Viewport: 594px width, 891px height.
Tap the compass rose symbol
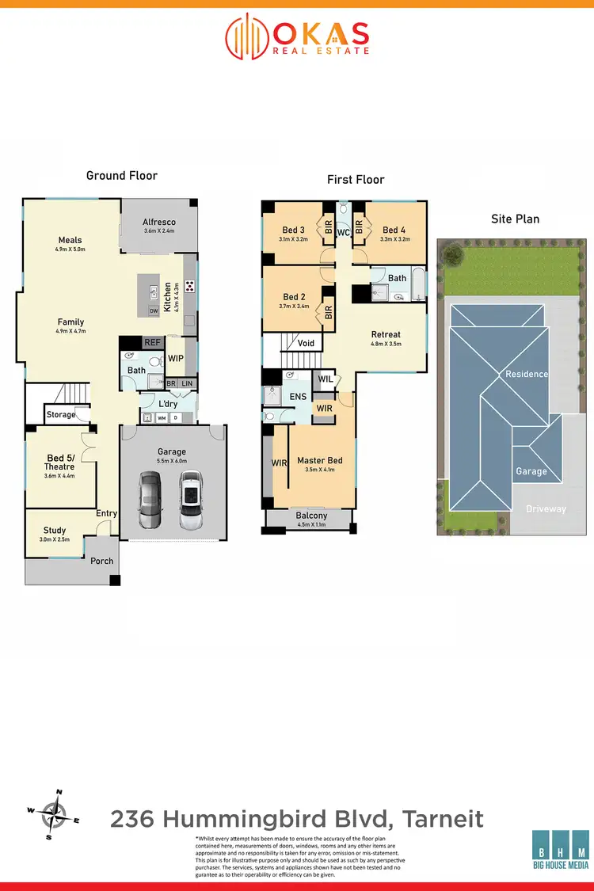54,813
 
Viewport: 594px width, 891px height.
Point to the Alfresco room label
158,222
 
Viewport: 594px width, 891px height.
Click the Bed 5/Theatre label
60,463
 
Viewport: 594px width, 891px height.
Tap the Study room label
55,531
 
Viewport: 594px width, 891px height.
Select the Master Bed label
320,460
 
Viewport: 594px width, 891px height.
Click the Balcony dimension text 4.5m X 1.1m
310,524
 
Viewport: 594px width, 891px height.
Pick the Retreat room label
386,334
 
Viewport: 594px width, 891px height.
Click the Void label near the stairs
306,343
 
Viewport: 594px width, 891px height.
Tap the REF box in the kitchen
152,342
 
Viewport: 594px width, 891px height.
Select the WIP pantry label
176,359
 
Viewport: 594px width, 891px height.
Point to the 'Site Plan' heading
516,219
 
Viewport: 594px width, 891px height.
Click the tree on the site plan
453,254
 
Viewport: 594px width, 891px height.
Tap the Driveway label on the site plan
546,508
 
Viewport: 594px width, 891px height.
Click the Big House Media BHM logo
560,854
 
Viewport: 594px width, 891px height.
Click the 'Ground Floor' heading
122,175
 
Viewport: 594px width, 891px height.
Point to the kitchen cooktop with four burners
190,285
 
